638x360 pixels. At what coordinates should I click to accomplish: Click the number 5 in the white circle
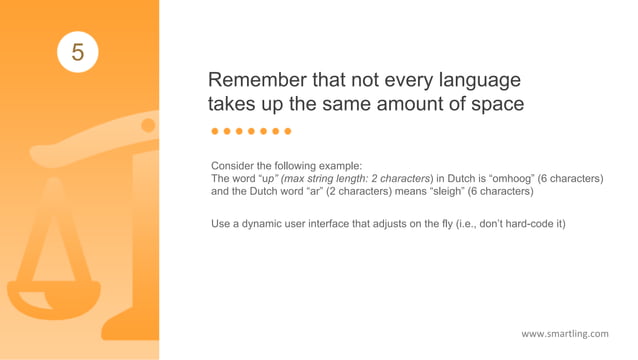coord(77,50)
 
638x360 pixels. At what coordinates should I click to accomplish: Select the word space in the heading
coord(495,103)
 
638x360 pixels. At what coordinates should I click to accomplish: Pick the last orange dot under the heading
coord(287,131)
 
